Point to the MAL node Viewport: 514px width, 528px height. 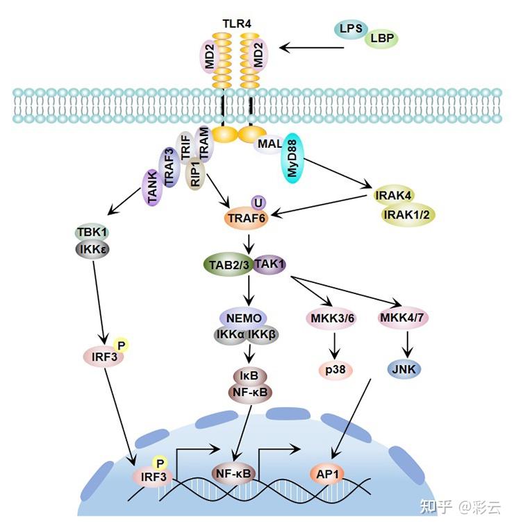click(x=270, y=144)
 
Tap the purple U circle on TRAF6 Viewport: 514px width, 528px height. click(x=258, y=202)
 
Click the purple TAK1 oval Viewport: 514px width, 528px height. click(x=271, y=264)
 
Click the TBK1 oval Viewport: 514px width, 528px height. click(x=92, y=232)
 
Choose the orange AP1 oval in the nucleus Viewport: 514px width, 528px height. click(x=329, y=474)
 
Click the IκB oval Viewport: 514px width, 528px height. click(x=249, y=375)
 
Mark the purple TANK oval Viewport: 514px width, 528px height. click(x=154, y=187)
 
